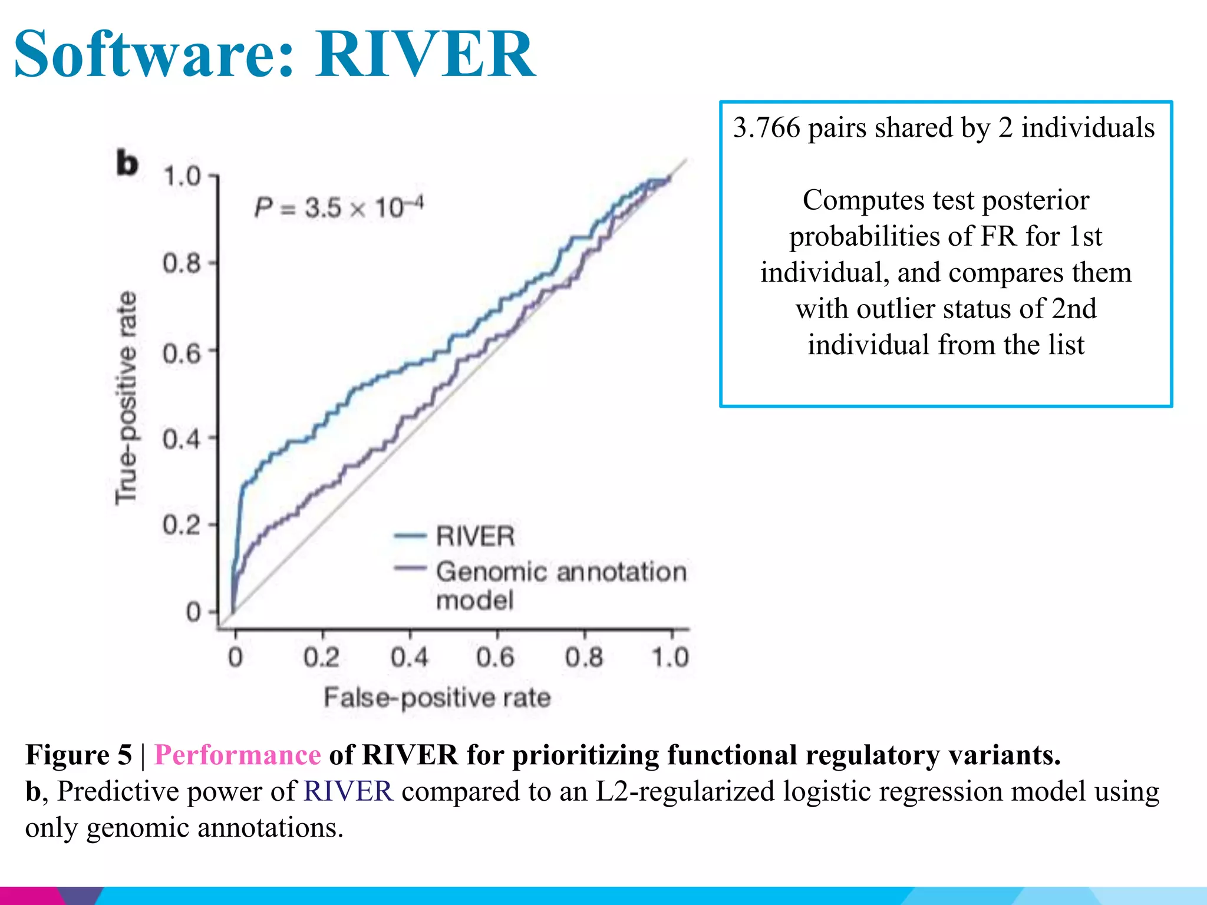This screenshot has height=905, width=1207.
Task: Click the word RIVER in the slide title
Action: (426, 54)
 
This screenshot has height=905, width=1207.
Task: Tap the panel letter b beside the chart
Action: (127, 163)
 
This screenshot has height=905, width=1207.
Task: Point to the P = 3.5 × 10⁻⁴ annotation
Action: (339, 207)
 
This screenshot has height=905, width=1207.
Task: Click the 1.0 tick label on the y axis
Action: (182, 176)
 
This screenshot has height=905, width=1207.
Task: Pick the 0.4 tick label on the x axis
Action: (410, 658)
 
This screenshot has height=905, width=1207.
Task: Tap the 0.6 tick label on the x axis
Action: (496, 658)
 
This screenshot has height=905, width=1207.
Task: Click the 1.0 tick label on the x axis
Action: (670, 658)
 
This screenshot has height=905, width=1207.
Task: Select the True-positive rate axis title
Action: (126, 398)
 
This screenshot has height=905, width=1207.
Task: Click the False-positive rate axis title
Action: (437, 698)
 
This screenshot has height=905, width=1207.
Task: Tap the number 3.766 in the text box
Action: (767, 128)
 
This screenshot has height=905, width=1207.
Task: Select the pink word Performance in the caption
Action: (238, 755)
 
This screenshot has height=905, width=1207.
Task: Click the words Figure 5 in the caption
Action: (79, 755)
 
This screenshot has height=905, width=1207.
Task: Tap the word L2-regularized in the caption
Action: (685, 791)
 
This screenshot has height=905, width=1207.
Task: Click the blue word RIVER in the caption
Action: (348, 791)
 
